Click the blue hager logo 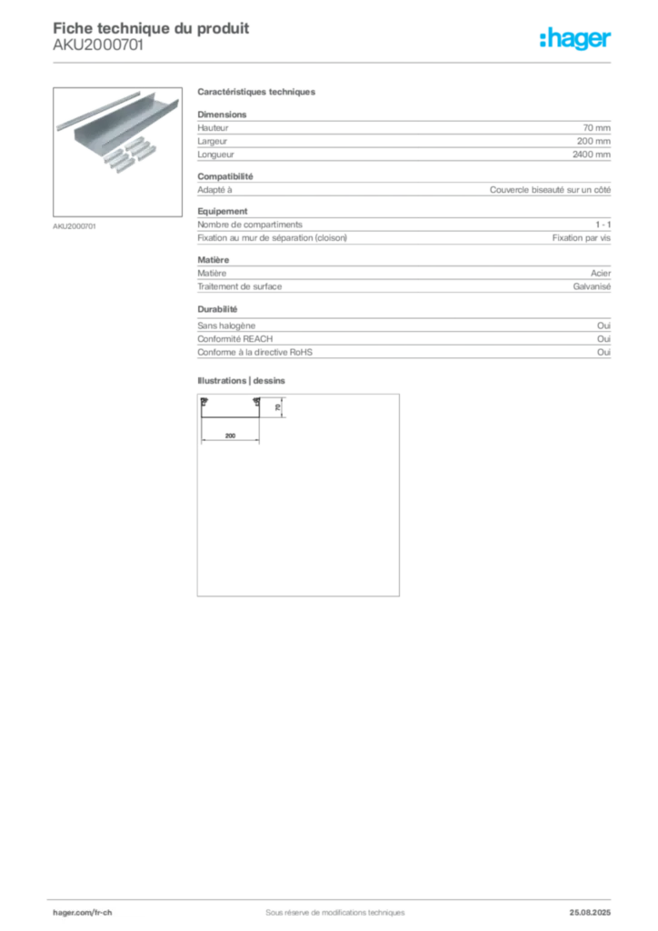click(x=576, y=40)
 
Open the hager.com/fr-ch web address click(x=83, y=912)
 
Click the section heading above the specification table click(x=257, y=93)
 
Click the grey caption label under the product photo click(x=75, y=225)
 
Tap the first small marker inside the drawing click(x=206, y=402)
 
